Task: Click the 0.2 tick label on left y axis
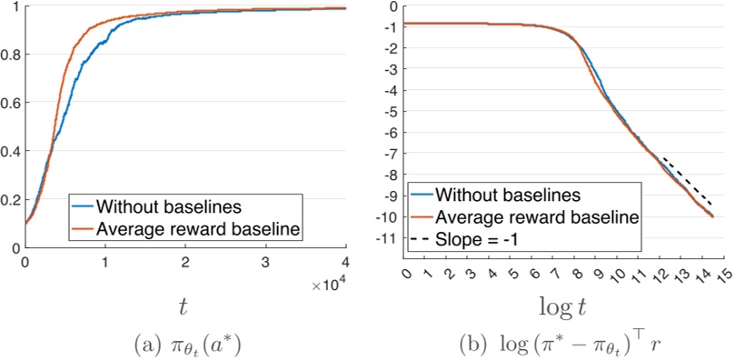[11, 199]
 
